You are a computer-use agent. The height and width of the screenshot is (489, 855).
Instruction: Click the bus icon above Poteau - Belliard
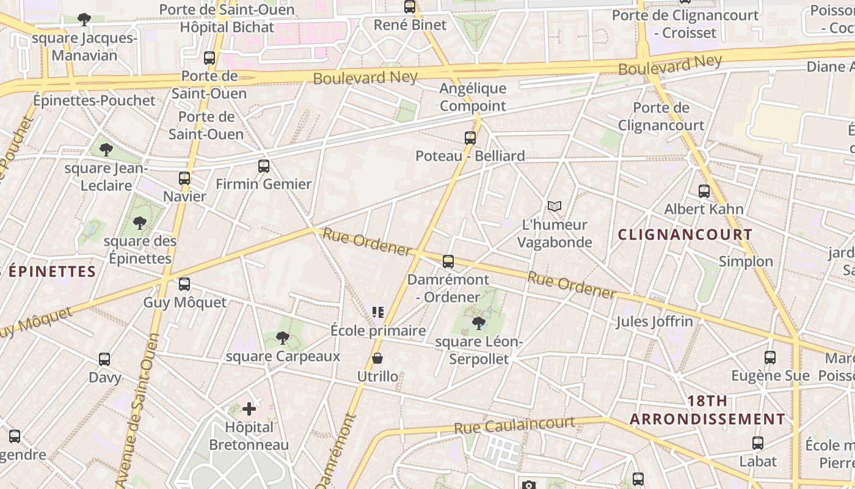pyautogui.click(x=470, y=138)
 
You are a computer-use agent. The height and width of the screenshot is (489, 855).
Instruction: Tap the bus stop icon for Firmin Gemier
pyautogui.click(x=264, y=166)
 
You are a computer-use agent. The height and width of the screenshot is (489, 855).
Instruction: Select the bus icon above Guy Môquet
pyautogui.click(x=184, y=284)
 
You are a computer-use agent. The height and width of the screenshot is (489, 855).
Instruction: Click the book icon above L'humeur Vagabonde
pyautogui.click(x=554, y=207)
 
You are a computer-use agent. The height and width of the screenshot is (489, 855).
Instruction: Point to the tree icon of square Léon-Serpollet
pyautogui.click(x=479, y=323)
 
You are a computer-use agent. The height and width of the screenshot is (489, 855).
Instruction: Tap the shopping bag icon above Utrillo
pyautogui.click(x=377, y=358)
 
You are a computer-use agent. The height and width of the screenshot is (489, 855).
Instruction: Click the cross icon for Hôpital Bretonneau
pyautogui.click(x=249, y=408)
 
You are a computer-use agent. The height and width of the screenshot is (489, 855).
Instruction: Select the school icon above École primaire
pyautogui.click(x=378, y=313)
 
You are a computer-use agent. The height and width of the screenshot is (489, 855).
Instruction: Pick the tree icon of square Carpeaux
pyautogui.click(x=283, y=337)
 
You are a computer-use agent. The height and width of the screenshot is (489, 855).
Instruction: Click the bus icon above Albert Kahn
pyautogui.click(x=704, y=191)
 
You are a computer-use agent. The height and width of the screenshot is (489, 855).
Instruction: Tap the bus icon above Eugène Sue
pyautogui.click(x=770, y=358)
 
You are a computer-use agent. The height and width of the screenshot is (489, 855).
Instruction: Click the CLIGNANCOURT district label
pyautogui.click(x=685, y=235)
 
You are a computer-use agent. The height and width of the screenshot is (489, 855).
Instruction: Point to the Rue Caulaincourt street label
pyautogui.click(x=515, y=425)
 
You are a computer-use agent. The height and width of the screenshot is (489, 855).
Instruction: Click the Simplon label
pyautogui.click(x=746, y=262)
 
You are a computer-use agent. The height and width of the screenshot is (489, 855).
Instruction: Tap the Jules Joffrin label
pyautogui.click(x=655, y=322)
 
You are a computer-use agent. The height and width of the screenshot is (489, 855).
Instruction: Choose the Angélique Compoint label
pyautogui.click(x=473, y=97)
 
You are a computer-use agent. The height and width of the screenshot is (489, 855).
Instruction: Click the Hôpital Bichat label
pyautogui.click(x=227, y=28)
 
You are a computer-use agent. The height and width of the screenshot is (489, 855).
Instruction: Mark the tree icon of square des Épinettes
pyautogui.click(x=140, y=223)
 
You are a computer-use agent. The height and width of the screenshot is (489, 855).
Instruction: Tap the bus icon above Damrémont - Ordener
pyautogui.click(x=448, y=262)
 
